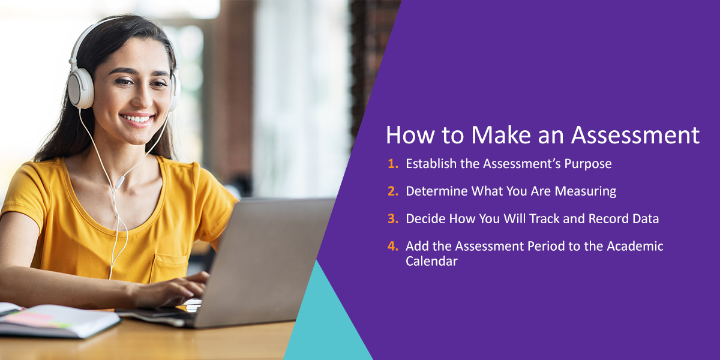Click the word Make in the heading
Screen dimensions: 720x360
(501, 135)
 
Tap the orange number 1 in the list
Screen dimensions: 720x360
(393, 164)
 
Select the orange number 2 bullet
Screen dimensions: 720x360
(393, 191)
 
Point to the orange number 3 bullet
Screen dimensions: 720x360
(393, 218)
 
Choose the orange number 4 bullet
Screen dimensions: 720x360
(393, 246)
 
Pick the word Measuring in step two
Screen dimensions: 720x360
(586, 191)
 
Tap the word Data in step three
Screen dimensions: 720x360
(646, 218)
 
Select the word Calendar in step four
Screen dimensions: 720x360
(431, 261)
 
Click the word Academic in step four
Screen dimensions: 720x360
(635, 246)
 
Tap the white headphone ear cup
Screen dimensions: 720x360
(80, 88)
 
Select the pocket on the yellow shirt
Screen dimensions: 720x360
(169, 268)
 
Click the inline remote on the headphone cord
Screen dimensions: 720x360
(119, 182)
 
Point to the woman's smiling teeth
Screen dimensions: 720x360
(137, 119)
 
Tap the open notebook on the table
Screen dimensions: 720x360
(58, 320)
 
